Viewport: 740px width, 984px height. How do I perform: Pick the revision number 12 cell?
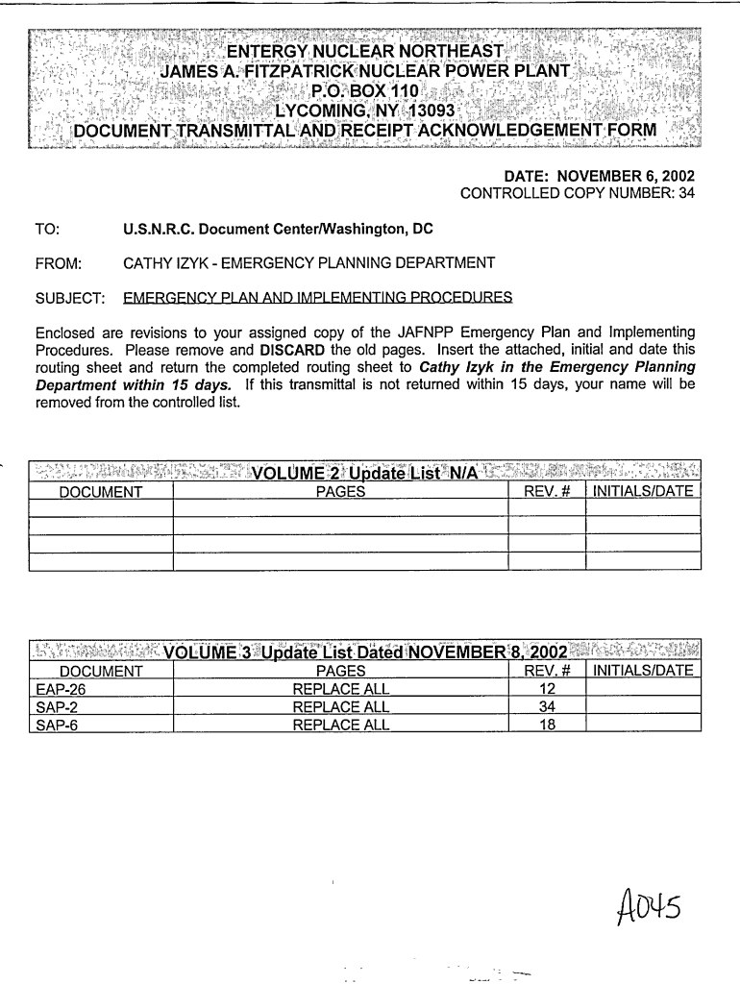point(547,689)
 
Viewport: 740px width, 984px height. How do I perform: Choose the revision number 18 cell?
point(547,726)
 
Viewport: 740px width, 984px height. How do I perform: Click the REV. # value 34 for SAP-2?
point(547,707)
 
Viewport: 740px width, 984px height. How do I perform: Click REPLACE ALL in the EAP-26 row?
point(340,689)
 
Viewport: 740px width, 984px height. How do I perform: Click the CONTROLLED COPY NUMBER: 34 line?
point(577,194)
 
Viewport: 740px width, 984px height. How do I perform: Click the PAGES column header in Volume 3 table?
point(340,671)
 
